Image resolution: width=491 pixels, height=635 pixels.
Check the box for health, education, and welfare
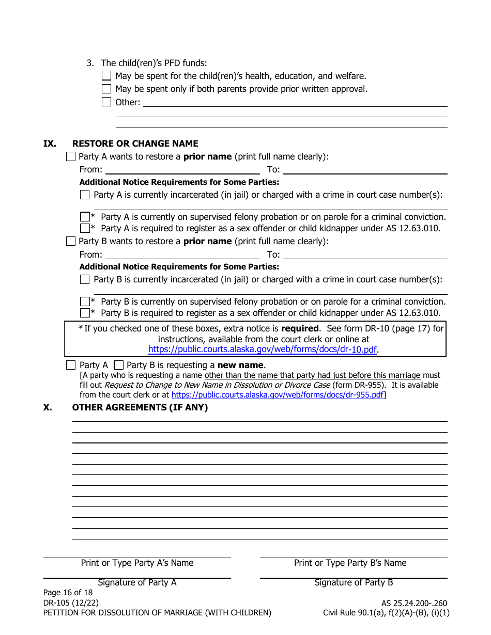click(106, 76)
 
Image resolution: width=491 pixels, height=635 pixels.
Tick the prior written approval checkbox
click(106, 89)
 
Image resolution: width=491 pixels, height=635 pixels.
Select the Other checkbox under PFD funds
click(106, 102)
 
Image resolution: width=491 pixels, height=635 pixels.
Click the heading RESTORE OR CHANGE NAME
click(135, 144)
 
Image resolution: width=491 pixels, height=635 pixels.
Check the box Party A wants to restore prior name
click(71, 156)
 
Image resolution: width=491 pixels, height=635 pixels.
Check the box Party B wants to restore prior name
click(71, 241)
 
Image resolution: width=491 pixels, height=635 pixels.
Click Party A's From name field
click(182, 169)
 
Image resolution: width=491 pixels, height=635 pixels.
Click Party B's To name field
click(365, 254)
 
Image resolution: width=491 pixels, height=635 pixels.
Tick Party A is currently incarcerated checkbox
click(85, 195)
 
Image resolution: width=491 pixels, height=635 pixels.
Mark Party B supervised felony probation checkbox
click(85, 301)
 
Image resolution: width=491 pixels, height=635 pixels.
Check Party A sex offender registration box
click(85, 228)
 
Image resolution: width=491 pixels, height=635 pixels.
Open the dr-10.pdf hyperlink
click(262, 350)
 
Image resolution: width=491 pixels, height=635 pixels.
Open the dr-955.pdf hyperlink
click(278, 395)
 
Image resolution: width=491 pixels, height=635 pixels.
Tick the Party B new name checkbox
click(118, 365)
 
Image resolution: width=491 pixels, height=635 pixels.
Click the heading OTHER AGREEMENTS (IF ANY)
click(140, 407)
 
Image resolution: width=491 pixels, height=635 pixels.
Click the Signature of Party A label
click(137, 582)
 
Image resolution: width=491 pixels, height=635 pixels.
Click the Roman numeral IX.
click(49, 144)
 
